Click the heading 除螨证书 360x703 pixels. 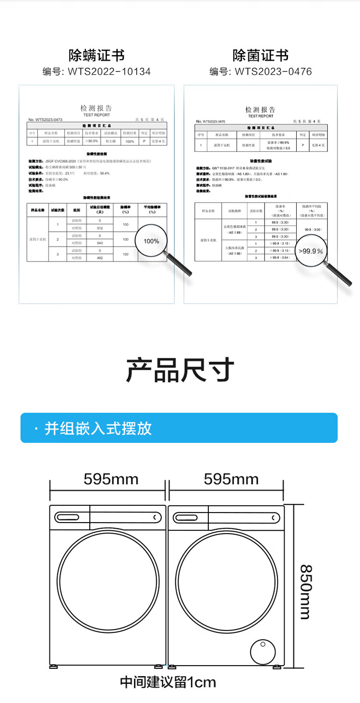[x=96, y=55]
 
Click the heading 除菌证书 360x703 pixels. [x=261, y=55]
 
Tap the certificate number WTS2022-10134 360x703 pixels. [x=109, y=71]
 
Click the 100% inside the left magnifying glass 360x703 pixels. [x=151, y=241]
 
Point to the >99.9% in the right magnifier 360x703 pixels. [x=311, y=251]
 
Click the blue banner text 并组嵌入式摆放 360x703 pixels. [x=98, y=428]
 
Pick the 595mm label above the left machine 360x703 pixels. [x=111, y=479]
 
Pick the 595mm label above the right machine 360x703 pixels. [x=231, y=479]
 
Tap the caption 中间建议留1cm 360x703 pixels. [x=168, y=682]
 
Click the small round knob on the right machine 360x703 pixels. [x=263, y=650]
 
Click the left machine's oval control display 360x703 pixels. [x=70, y=517]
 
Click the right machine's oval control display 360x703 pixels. [x=189, y=517]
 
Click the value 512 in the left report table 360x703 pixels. [x=100, y=228]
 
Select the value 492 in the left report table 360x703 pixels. [x=100, y=258]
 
